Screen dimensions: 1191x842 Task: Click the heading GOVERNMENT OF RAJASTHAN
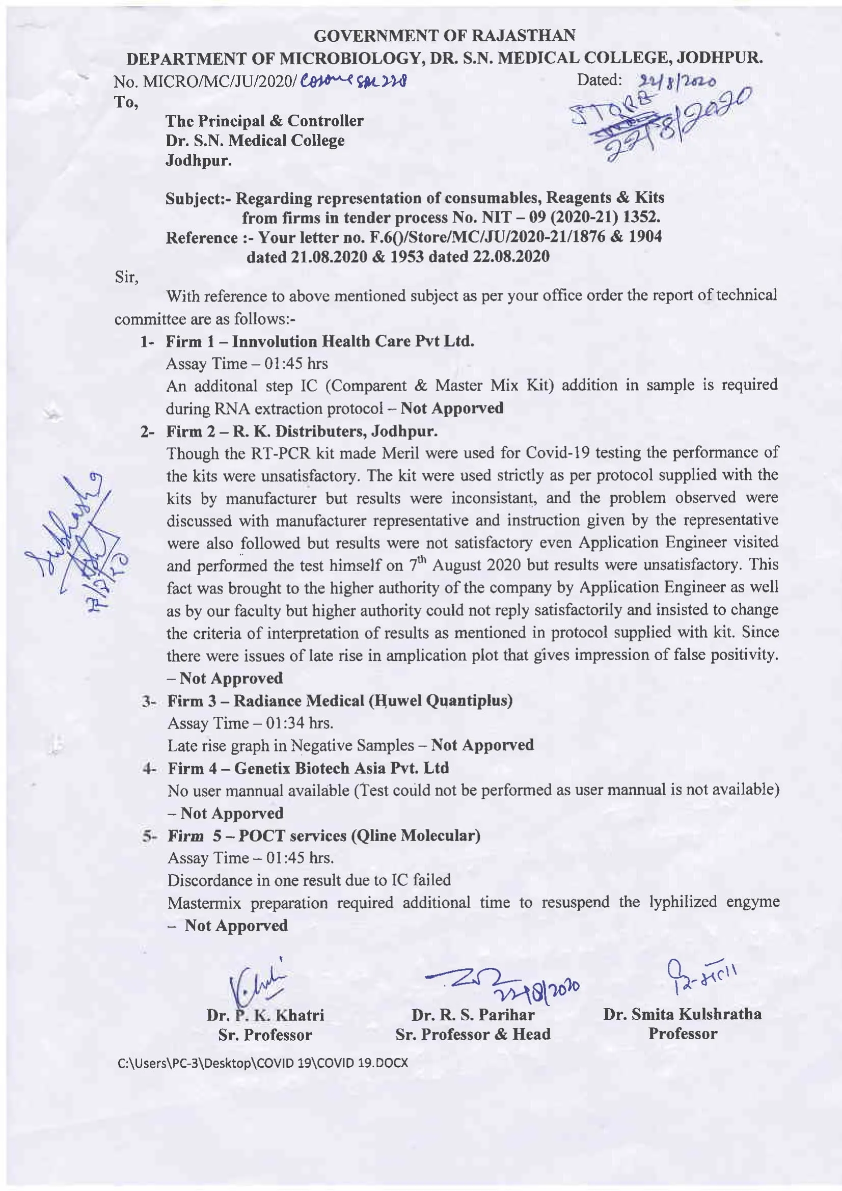point(445,35)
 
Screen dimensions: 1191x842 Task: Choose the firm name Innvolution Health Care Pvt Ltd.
point(353,341)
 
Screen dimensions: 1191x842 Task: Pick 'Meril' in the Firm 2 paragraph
point(397,453)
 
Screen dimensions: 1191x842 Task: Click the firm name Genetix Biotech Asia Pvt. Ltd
point(341,768)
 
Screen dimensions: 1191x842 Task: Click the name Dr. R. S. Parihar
point(473,1015)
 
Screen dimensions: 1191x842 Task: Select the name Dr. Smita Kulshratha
point(682,1014)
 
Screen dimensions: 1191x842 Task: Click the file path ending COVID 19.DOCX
point(263,1063)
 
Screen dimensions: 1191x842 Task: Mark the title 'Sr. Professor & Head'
point(473,1034)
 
